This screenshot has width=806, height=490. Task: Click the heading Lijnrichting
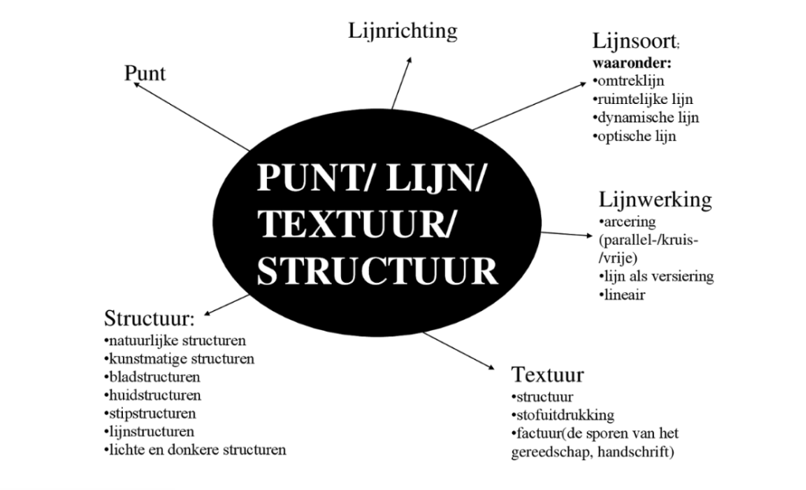pyautogui.click(x=403, y=32)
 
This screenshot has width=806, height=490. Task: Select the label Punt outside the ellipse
pyautogui.click(x=145, y=73)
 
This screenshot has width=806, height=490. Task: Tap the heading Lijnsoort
pyautogui.click(x=630, y=43)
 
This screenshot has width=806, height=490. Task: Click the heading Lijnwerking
pyautogui.click(x=655, y=199)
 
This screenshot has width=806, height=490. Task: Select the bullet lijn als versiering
pyautogui.click(x=656, y=277)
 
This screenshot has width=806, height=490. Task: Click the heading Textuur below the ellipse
pyautogui.click(x=547, y=373)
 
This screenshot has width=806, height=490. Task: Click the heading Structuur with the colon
pyautogui.click(x=149, y=321)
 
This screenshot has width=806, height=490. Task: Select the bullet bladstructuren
pyautogui.click(x=151, y=377)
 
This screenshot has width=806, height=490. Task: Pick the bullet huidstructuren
pyautogui.click(x=151, y=395)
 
